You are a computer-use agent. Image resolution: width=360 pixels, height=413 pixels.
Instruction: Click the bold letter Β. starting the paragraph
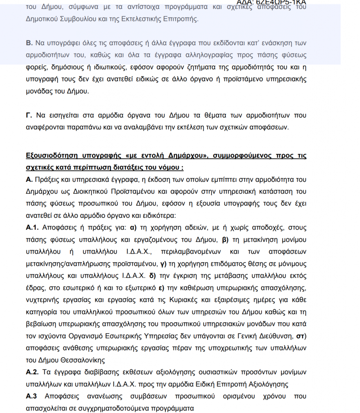point(29,42)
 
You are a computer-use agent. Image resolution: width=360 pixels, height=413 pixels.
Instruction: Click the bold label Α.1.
point(33,228)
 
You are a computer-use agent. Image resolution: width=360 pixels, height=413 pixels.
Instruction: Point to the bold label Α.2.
point(33,372)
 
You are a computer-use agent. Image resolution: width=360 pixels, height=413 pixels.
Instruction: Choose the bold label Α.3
point(32,396)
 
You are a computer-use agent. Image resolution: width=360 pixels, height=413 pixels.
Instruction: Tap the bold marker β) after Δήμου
point(225,240)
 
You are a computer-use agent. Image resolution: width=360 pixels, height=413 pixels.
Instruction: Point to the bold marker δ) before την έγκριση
point(153,276)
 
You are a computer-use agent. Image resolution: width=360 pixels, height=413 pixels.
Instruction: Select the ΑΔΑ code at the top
point(271,2)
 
